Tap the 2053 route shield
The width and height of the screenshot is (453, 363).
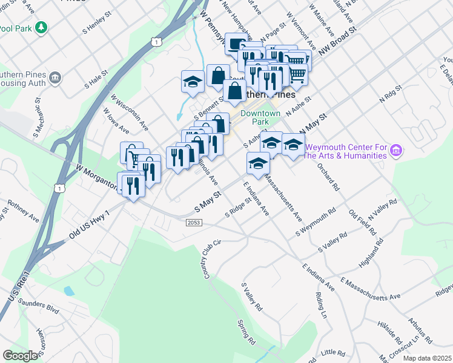(x=193, y=223)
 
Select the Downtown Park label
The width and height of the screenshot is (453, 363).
(x=260, y=117)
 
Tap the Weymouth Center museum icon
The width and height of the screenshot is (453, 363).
(x=397, y=150)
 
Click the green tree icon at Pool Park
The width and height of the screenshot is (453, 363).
(x=41, y=27)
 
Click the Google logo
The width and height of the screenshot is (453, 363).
(x=20, y=355)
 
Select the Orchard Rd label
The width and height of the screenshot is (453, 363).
(x=328, y=177)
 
